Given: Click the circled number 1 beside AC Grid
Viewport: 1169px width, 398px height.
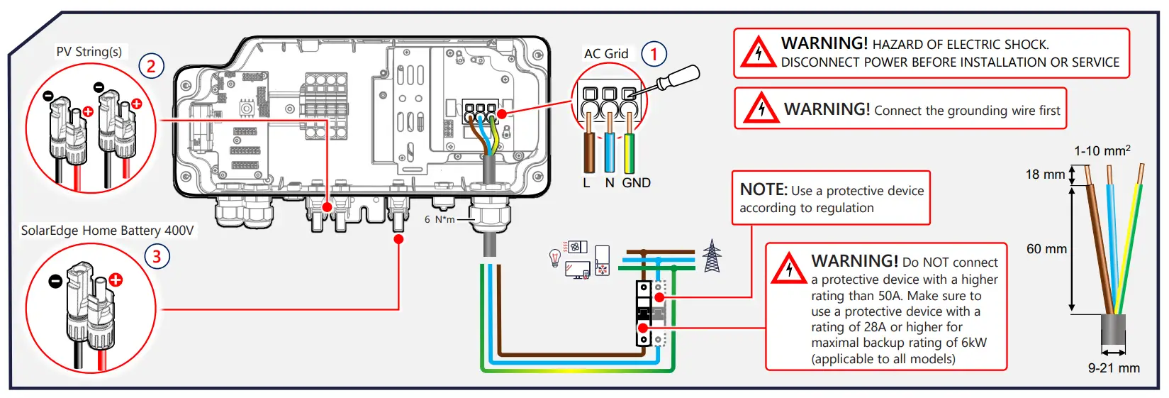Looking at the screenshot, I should click(x=654, y=53).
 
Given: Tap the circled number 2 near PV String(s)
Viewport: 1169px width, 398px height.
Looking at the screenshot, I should click(x=151, y=66).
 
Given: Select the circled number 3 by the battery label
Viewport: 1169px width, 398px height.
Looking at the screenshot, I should click(x=157, y=255).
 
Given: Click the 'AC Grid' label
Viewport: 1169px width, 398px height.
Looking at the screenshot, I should click(x=606, y=54).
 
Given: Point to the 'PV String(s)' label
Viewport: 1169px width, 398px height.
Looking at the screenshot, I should click(x=89, y=52).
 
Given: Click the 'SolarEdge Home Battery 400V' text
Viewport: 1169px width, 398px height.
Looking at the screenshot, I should click(x=107, y=231).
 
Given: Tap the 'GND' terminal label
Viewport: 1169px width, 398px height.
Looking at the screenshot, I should click(x=636, y=183).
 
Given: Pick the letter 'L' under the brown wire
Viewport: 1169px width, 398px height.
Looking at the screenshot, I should click(x=586, y=183).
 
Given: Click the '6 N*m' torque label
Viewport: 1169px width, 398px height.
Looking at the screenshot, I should click(x=440, y=220).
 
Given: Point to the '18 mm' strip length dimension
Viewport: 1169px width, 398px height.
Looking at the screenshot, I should click(x=1045, y=175).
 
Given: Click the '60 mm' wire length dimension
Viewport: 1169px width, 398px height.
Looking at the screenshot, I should click(x=1046, y=249).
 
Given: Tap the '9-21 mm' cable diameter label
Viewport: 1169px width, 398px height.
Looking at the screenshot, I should click(x=1114, y=368).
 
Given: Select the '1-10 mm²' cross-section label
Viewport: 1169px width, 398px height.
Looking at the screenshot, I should click(x=1102, y=151).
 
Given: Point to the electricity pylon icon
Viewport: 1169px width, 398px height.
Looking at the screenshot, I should click(x=712, y=256).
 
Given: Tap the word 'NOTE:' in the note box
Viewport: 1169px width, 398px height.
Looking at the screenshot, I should click(x=764, y=190).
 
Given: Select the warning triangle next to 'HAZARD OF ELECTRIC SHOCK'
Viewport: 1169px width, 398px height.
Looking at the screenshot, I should click(x=758, y=53).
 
